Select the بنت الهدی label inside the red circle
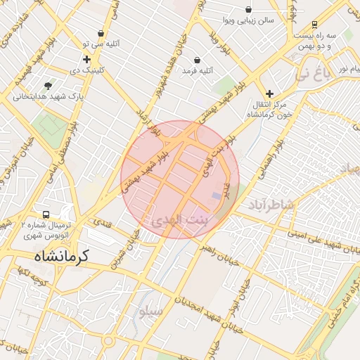181,220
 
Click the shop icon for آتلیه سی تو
101,33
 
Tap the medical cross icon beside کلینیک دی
86,60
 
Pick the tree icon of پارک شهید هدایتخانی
49,85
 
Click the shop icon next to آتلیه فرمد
196,60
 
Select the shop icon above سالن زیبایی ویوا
249,9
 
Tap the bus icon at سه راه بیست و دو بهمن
314,24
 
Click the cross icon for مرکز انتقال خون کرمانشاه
269,93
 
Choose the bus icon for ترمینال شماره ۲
46,214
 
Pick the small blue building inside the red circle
216,195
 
